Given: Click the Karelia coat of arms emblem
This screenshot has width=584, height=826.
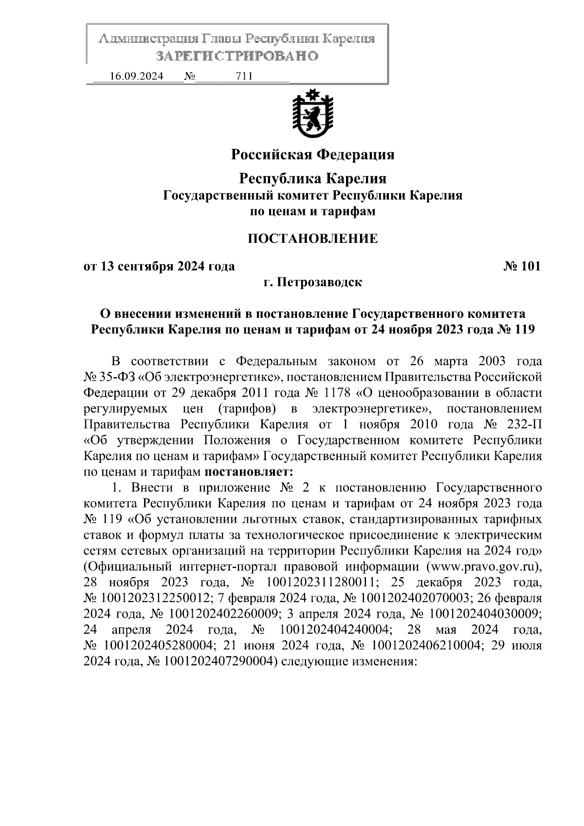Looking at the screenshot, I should (312, 113).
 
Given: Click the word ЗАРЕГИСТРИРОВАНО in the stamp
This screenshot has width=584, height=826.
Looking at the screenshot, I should (237, 56).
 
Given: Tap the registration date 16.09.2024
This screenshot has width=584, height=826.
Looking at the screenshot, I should (137, 76).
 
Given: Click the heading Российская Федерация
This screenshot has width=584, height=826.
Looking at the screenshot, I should (312, 155).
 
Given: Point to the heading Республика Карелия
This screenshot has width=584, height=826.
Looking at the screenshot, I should (312, 179).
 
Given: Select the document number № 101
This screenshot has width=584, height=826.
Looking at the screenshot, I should (521, 266).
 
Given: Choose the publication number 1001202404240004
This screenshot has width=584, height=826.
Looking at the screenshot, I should (335, 630).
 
